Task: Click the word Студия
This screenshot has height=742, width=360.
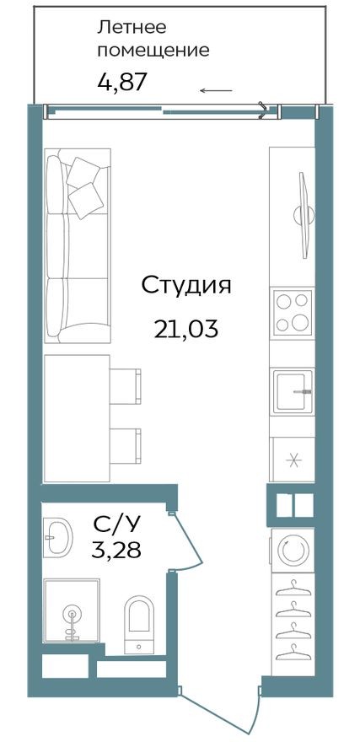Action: tap(185, 285)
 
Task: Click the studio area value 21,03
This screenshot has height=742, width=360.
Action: tap(185, 328)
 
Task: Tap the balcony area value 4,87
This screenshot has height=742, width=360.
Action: tap(123, 83)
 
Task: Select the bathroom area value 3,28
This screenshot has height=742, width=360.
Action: tap(116, 551)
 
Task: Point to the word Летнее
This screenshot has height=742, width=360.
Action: tap(130, 27)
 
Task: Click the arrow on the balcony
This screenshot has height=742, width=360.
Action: tap(216, 90)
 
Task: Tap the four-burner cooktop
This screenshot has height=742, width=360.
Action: tap(292, 312)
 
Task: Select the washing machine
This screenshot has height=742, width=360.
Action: tap(292, 551)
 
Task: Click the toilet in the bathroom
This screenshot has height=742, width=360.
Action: tap(139, 624)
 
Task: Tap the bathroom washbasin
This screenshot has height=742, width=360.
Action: tap(58, 538)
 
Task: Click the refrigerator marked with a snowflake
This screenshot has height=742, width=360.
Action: tap(292, 460)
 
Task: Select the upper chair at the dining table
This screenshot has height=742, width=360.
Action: tap(127, 384)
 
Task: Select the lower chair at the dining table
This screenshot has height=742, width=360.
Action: tap(127, 444)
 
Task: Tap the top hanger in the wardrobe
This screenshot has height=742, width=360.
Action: tap(292, 587)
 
